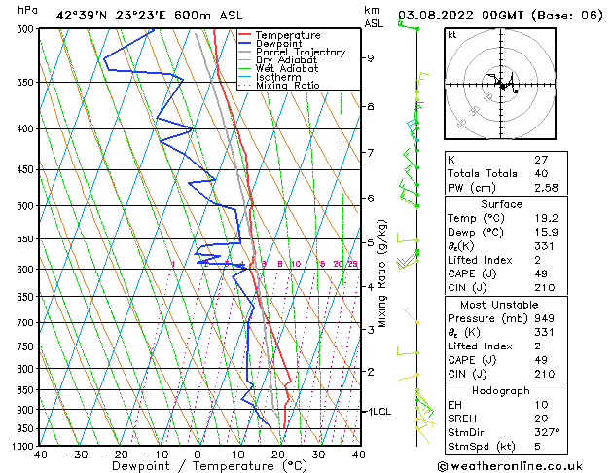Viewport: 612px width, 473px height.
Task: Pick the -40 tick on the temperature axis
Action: [x=38, y=455]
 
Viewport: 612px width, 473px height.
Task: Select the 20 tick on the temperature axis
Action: [x=277, y=455]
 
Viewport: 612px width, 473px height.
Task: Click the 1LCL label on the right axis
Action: [x=378, y=412]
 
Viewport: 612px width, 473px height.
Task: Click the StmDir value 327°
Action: [x=545, y=432]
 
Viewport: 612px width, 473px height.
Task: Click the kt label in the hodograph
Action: [x=452, y=35]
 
